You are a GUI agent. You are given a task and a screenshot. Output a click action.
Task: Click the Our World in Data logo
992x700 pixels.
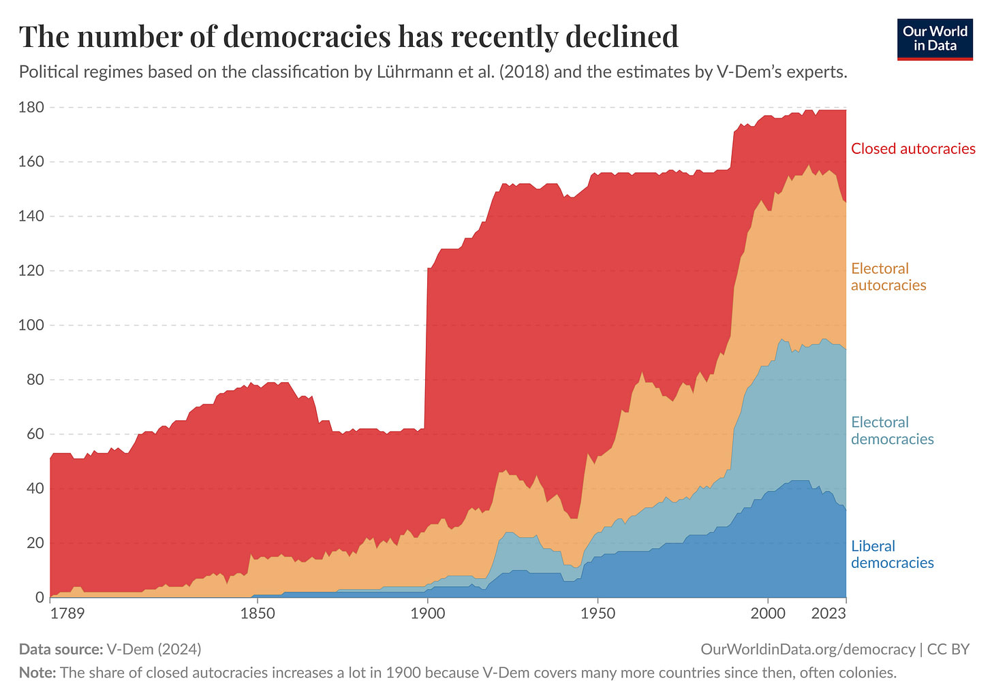click(934, 39)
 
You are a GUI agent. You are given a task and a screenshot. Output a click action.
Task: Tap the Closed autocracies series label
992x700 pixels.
click(913, 148)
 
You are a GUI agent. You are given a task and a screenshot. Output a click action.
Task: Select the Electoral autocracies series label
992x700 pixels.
click(888, 276)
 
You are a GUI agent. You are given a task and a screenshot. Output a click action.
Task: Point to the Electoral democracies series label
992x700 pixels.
click(892, 430)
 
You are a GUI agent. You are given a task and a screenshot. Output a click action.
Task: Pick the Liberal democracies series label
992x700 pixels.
click(892, 554)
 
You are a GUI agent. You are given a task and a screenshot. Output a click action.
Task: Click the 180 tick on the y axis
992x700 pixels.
click(31, 108)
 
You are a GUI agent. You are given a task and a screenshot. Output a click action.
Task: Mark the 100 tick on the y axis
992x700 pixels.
click(31, 325)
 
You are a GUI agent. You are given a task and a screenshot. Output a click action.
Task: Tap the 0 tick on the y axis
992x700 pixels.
click(39, 598)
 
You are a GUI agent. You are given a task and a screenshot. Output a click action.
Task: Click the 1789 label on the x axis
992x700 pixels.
click(67, 614)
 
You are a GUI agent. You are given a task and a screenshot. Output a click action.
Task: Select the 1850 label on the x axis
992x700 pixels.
click(258, 614)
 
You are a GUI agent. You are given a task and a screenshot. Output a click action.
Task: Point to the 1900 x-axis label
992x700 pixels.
click(427, 614)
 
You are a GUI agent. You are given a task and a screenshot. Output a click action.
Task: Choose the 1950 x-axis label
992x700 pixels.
click(598, 614)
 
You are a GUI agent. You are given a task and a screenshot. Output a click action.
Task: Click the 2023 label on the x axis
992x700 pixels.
click(828, 614)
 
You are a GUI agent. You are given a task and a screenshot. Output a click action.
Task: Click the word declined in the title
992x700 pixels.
click(622, 37)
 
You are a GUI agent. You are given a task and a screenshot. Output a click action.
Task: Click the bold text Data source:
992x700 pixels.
click(61, 649)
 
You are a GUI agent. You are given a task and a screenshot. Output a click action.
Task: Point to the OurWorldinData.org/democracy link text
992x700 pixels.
click(807, 649)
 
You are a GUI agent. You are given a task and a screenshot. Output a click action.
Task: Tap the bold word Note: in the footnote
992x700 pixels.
click(37, 673)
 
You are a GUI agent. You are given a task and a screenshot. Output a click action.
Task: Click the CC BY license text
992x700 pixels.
click(948, 649)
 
